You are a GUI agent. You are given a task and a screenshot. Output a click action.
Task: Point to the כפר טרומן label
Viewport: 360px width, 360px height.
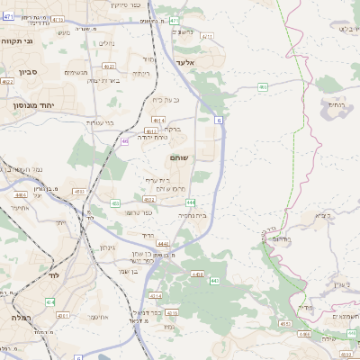click(136, 212)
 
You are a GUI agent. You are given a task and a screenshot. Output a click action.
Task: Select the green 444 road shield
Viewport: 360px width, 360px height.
click(215, 203)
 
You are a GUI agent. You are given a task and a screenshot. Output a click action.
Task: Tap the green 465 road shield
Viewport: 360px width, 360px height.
click(262, 87)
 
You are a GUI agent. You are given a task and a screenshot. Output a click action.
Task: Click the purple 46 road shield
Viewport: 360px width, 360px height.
click(124, 140)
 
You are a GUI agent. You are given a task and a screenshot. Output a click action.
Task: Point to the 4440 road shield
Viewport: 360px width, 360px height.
click(163, 243)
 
